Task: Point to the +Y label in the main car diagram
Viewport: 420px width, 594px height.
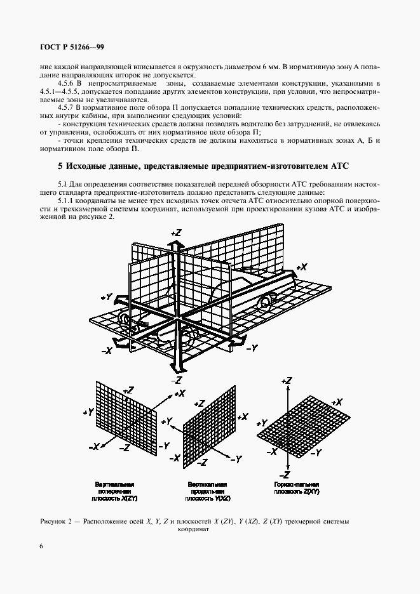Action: (107, 296)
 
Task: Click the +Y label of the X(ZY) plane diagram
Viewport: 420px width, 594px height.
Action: (89, 412)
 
